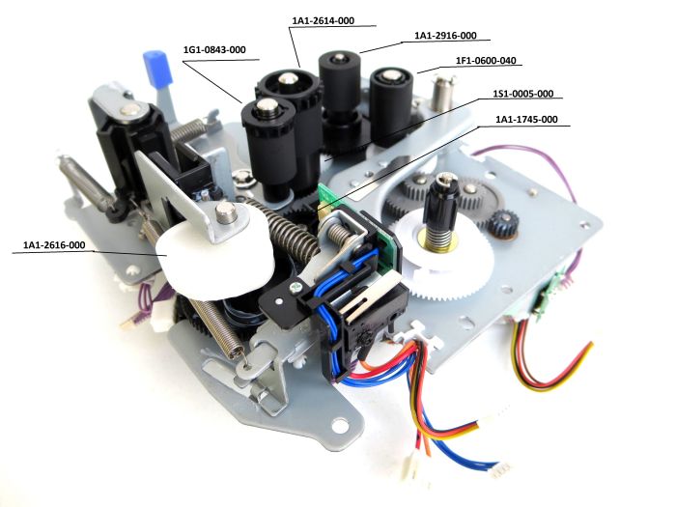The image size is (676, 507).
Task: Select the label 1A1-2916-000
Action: pos(445,36)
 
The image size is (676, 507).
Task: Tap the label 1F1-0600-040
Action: pos(486,61)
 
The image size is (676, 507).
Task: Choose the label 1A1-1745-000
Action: pos(526,120)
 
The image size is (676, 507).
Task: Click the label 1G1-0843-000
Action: pos(214,49)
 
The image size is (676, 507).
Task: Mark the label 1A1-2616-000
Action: pos(55,245)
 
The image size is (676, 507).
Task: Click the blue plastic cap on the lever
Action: pos(154,69)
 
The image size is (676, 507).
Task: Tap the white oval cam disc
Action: pos(208,253)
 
